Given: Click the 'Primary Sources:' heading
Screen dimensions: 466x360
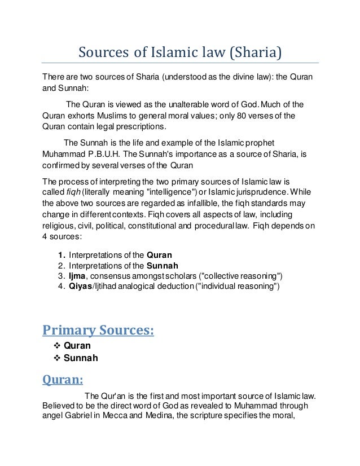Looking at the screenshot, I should pos(99,329).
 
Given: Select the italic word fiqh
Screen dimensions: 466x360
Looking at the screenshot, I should pos(72,192).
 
